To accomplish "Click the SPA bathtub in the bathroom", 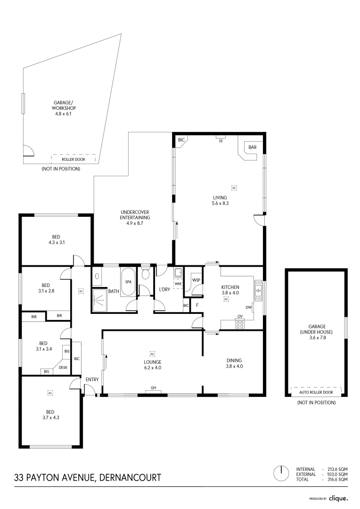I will point(128,282).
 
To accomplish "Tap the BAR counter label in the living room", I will point(252,148).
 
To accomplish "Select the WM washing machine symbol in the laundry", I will point(178,284).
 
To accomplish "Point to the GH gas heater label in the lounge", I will point(153,388).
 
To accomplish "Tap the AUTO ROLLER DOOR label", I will point(316,392).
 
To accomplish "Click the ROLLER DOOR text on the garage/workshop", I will point(74,160).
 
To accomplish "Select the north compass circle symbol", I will point(281,473).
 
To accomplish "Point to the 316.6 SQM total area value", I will point(338,479).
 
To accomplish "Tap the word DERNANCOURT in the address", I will point(130,477).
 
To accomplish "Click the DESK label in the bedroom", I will point(63,368).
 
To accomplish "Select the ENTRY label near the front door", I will point(92,380).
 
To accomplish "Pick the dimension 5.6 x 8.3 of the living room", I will point(220,204).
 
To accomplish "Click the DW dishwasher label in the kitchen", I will point(248,308).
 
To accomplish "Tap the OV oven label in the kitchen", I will point(240,316).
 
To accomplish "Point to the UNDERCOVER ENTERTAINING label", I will point(135,215).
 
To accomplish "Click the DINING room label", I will point(234,361).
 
